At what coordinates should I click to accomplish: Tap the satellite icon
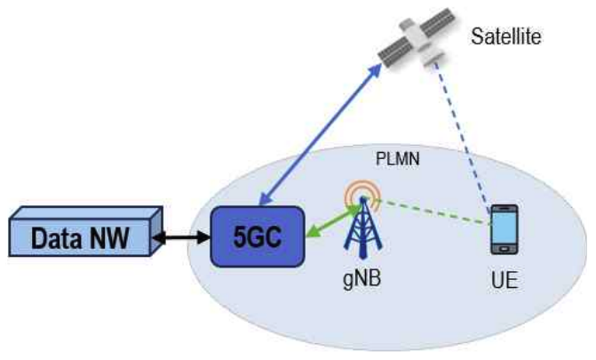pos(409,42)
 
